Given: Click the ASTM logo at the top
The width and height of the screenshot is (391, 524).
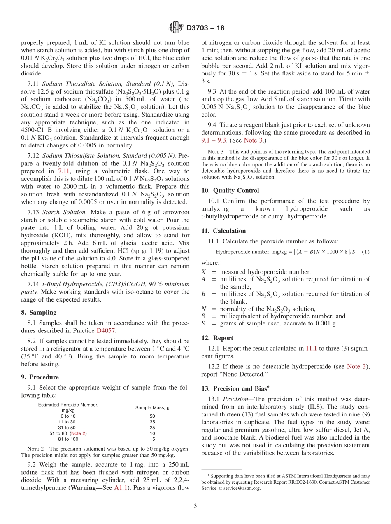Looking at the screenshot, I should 176,28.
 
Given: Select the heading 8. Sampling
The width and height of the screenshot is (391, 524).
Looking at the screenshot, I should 39,313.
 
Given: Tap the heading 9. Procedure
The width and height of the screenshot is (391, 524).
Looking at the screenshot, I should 40,377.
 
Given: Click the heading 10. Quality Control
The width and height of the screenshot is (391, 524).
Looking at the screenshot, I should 230,190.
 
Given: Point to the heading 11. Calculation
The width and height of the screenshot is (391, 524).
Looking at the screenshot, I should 223,231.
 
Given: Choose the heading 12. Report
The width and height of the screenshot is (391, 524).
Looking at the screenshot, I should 217,338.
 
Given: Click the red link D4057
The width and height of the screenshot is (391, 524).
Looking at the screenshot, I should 105,330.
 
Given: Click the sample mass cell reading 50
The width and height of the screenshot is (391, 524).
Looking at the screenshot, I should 152,416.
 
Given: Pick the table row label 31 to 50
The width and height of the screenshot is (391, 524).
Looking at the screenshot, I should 68,428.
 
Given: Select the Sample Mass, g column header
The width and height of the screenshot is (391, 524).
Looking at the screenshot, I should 152,407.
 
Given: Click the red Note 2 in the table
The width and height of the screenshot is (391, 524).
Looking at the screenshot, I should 78,433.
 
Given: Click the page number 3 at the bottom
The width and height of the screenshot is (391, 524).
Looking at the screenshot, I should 195,506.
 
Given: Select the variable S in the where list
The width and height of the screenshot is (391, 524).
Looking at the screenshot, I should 203,323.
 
